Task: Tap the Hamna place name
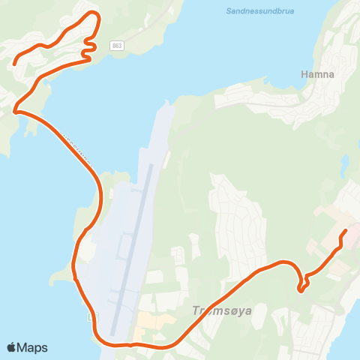(316, 74)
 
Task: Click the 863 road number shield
(116, 46)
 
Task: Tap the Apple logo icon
(11, 348)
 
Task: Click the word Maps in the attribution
(32, 348)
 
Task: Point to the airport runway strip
(132, 247)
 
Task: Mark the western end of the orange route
(14, 64)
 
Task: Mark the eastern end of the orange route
(345, 231)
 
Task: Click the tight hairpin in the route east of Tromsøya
(301, 286)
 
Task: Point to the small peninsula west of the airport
(58, 277)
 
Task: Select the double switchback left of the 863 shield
(88, 46)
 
